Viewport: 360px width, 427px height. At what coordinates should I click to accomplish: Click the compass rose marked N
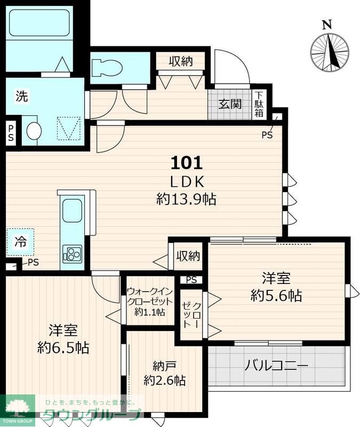point(329,51)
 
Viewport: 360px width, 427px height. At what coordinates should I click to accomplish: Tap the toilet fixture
point(107,68)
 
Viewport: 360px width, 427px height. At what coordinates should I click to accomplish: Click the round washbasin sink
point(34,131)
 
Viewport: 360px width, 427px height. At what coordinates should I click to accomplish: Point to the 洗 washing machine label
point(21,97)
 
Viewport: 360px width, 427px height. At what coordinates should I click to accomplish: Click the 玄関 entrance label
point(229,104)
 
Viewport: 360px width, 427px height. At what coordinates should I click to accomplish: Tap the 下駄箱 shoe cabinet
point(259,104)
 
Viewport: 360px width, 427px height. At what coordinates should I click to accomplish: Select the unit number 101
point(186,161)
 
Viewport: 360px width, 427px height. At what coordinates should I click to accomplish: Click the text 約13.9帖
point(186,200)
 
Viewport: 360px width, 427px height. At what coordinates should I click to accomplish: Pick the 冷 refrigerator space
point(20,242)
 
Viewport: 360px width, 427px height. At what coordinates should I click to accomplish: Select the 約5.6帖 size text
point(276,295)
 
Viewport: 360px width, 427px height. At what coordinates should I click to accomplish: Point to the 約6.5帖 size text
point(63,348)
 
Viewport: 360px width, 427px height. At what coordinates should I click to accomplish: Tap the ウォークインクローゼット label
point(149,302)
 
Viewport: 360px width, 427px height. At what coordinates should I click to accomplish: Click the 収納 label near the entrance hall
point(181,61)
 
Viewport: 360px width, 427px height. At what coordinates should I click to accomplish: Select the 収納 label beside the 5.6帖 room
point(188,256)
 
